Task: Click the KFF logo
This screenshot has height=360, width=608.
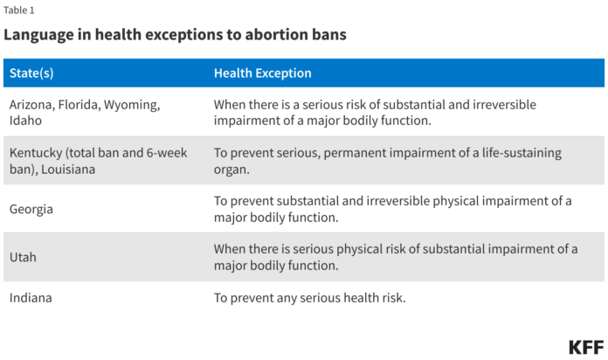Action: point(586,347)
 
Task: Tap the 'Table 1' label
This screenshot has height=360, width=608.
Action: point(19,10)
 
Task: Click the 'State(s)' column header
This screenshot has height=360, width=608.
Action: point(31,73)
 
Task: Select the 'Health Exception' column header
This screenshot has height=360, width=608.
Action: point(263,73)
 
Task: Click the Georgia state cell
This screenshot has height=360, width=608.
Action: point(31,209)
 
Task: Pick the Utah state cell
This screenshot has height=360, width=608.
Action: point(23,257)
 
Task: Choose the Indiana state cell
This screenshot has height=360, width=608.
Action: point(31,298)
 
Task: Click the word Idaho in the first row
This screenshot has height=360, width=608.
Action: point(25,121)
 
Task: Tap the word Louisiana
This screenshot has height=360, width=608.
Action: point(68,170)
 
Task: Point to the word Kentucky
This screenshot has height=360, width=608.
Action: point(36,153)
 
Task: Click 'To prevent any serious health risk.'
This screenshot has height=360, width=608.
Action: point(310,298)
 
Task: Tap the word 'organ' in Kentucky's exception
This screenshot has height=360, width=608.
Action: point(230,170)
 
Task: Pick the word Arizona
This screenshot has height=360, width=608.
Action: point(32,105)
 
